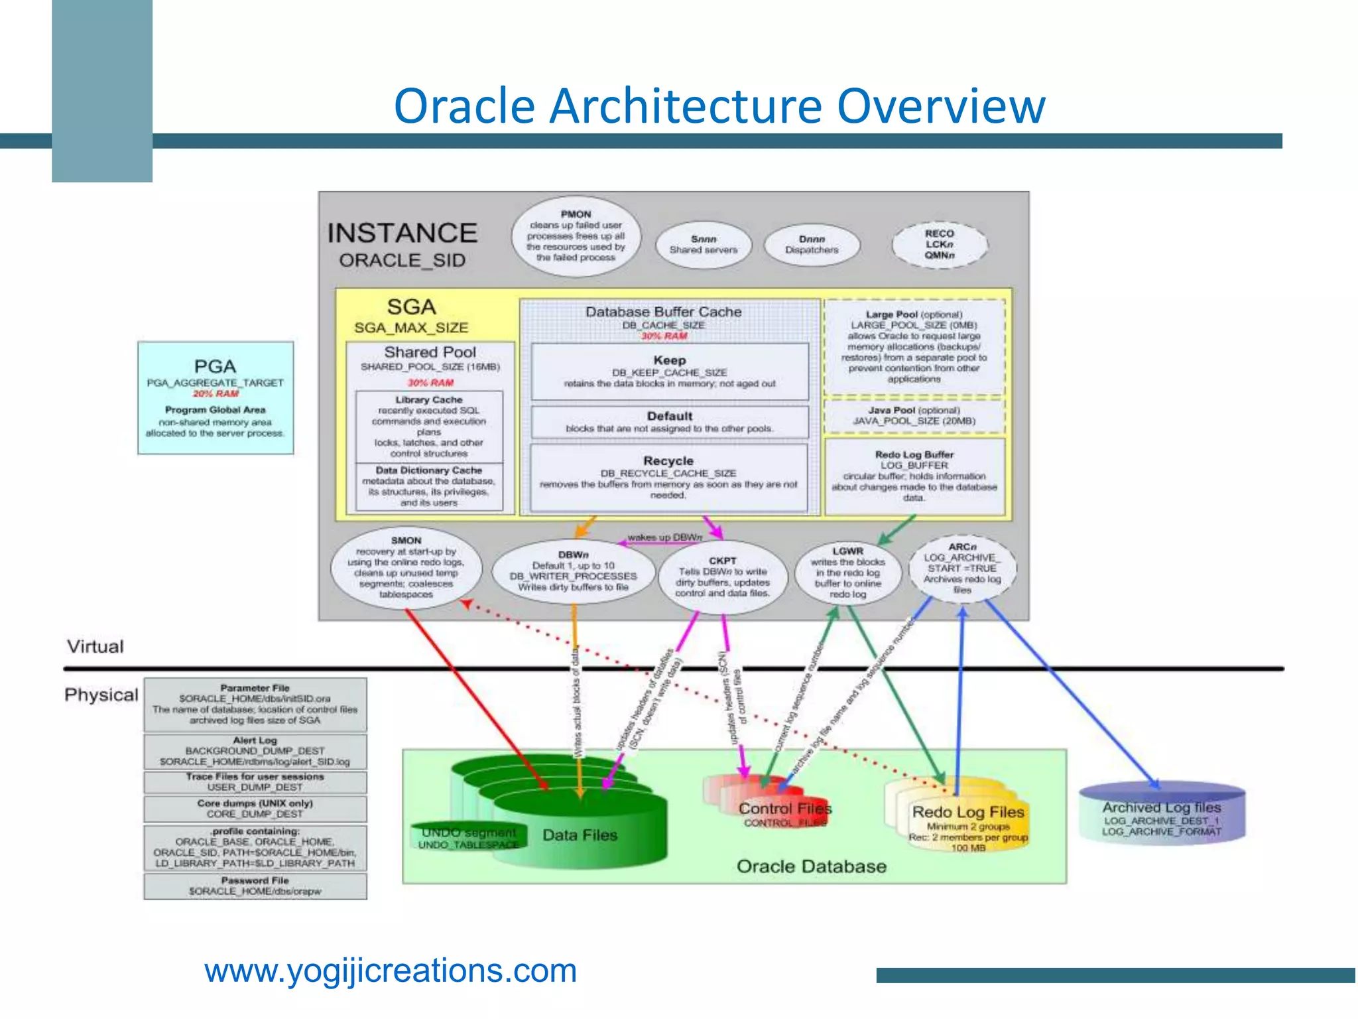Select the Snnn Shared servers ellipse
[704, 245]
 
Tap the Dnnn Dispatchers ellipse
[812, 245]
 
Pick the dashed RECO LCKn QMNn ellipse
[940, 245]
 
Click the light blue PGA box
[216, 398]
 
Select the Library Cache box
[429, 427]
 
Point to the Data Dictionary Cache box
[429, 486]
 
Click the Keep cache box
[670, 372]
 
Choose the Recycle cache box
[668, 477]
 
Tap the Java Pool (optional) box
[914, 416]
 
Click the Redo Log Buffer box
[914, 476]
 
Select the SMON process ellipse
[406, 568]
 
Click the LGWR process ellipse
[848, 573]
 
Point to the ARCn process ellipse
[962, 569]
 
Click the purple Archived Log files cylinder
[1162, 817]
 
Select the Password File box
[255, 886]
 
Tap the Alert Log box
[255, 751]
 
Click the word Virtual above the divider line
[95, 646]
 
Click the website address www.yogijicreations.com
[391, 971]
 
